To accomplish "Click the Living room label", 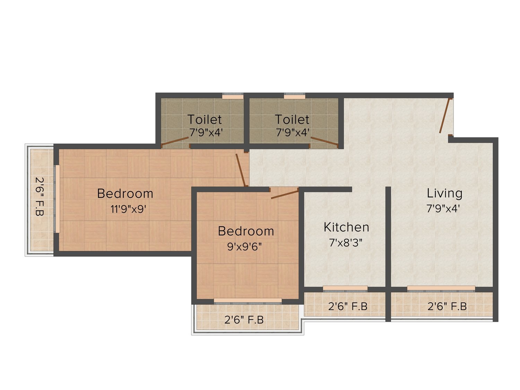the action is (444, 193).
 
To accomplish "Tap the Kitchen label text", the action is (346, 227).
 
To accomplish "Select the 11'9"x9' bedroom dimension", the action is (128, 209).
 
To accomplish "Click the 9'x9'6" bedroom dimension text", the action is (244, 247).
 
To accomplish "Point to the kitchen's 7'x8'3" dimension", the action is (346, 242).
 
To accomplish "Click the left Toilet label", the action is (205, 119).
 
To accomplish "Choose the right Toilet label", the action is (292, 119).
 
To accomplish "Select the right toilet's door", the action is (324, 141).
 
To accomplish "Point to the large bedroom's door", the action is (241, 170).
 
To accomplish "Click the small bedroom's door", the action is (285, 193).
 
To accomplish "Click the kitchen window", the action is (345, 289).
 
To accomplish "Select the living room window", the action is (441, 289).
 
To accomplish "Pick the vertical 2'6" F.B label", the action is (39, 196).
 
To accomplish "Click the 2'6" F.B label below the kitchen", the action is (348, 306).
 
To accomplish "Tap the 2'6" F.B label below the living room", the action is (447, 306).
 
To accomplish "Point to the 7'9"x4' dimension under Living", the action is (443, 209).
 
